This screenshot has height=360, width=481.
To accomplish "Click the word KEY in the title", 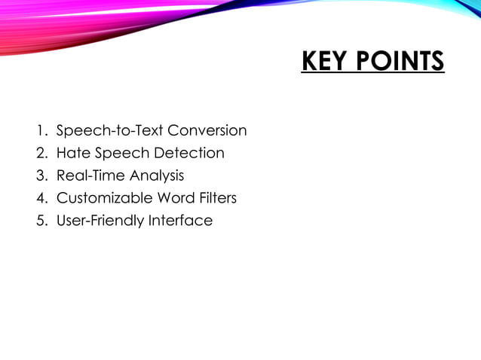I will coord(323,60).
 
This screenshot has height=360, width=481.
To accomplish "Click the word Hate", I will coord(73,154).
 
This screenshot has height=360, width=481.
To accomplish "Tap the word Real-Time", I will coord(90,176).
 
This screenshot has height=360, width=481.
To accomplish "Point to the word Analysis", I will coord(157,176).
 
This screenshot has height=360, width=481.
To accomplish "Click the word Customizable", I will coord(105,199).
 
